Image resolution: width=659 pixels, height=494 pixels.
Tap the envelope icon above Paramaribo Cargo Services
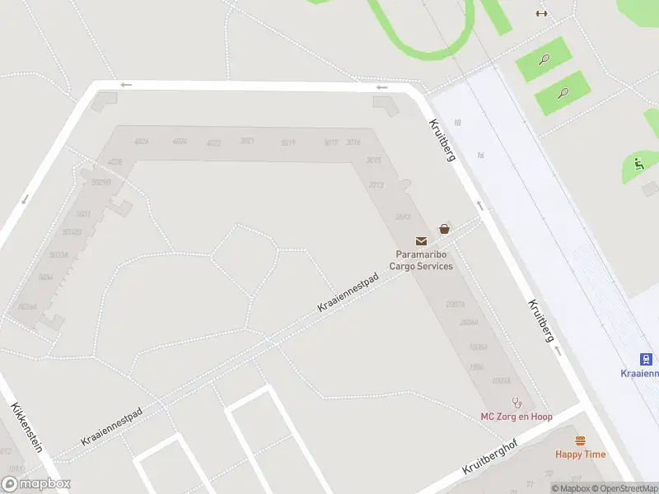point(422,241)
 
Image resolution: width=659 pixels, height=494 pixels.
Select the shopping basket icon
point(445,229)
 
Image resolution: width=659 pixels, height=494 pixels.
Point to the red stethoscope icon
point(517,403)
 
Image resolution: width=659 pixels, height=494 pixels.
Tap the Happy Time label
point(580,454)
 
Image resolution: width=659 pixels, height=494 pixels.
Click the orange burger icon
point(580,440)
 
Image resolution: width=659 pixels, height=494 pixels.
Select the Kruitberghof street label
point(495,456)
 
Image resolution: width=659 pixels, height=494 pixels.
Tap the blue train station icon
point(647,359)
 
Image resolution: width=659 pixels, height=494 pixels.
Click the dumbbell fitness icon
point(541,13)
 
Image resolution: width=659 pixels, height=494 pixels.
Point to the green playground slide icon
point(639,162)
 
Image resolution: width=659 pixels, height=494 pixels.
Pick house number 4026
point(142,141)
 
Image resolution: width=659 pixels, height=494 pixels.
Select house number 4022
point(214,143)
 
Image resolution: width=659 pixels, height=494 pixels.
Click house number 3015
point(374,160)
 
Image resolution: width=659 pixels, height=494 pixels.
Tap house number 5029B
point(101,182)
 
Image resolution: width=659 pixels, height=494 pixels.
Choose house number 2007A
point(455,305)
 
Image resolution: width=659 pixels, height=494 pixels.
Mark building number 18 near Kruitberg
point(457,123)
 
